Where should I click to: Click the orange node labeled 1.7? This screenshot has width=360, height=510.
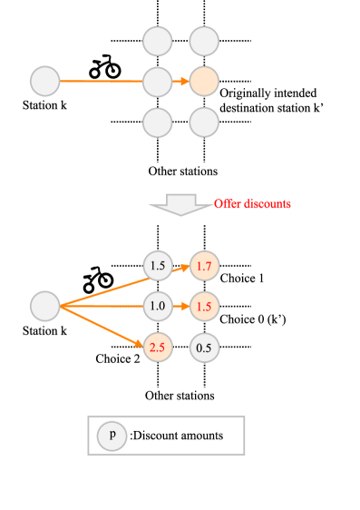[x=204, y=266]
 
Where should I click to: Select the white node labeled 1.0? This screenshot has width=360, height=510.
[x=157, y=306]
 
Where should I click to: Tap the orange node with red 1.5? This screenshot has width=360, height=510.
[x=204, y=307]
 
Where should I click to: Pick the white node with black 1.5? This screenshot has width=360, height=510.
[x=157, y=266]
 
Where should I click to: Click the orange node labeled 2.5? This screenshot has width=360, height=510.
[x=157, y=348]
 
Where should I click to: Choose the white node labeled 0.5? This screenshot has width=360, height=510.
[x=204, y=348]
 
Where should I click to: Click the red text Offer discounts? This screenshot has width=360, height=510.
[x=252, y=204]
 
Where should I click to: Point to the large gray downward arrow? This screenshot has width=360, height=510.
[x=181, y=204]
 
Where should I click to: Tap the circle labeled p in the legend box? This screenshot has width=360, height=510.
[x=112, y=436]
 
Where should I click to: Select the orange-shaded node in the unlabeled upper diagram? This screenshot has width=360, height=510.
[x=204, y=82]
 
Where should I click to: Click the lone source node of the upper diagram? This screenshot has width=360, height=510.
[x=44, y=82]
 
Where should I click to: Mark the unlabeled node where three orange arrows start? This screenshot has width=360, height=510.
[x=44, y=306]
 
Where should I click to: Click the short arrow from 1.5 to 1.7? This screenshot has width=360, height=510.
[x=180, y=268]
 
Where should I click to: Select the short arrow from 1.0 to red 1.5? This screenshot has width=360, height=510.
[x=180, y=307]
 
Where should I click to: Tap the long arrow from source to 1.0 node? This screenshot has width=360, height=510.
[x=100, y=306]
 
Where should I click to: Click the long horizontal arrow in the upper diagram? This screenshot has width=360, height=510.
[x=100, y=82]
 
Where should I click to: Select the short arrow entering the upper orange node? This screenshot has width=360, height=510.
[x=180, y=82]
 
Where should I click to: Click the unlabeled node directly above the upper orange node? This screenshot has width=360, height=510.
[x=204, y=42]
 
